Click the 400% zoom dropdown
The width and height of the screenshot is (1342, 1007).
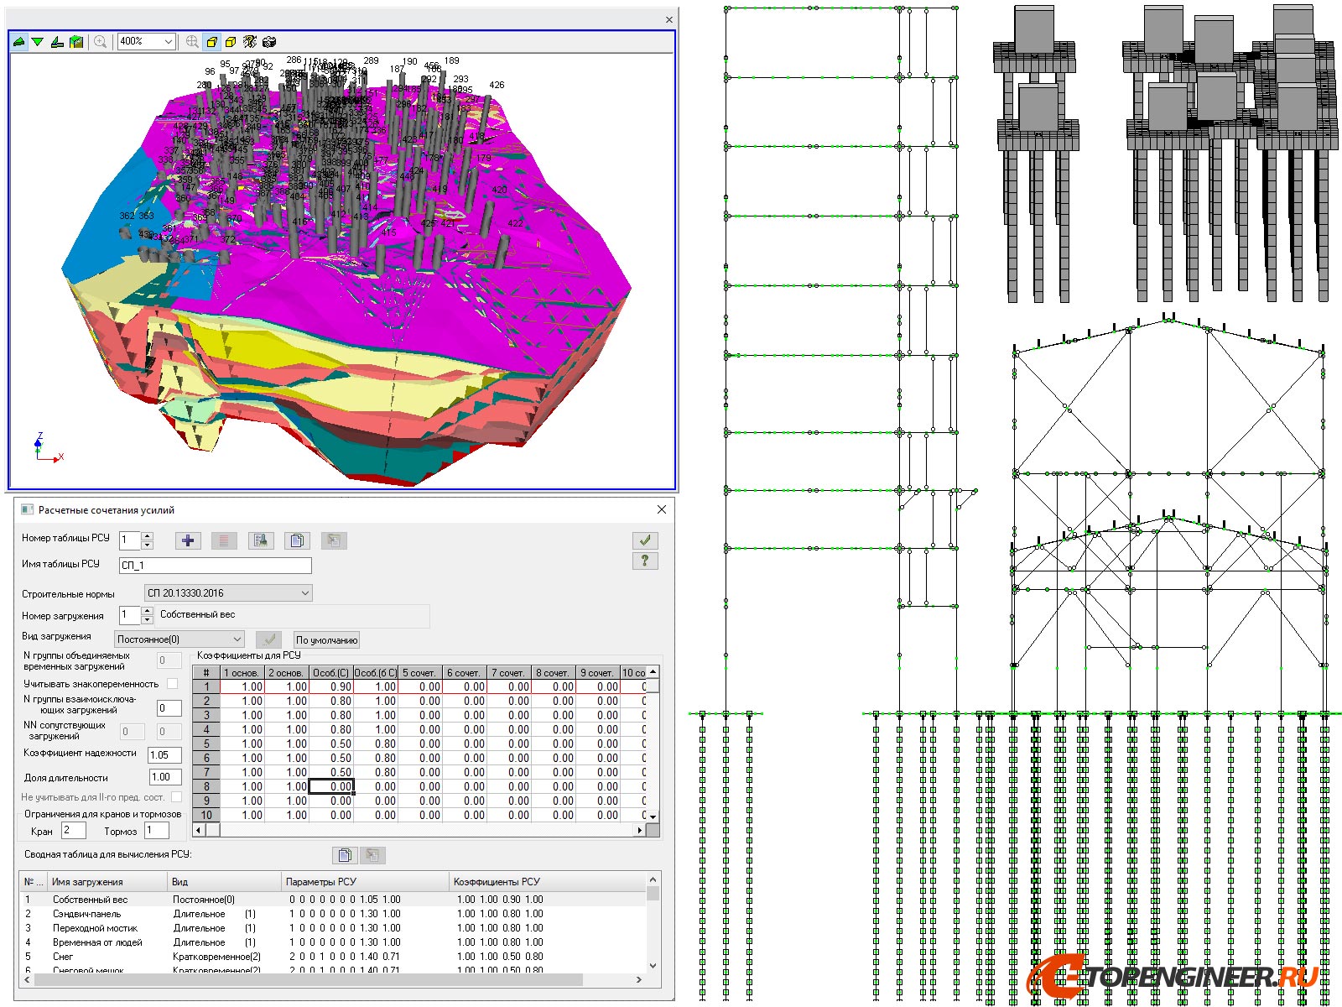click(x=146, y=41)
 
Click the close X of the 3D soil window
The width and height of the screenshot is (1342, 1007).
click(x=668, y=19)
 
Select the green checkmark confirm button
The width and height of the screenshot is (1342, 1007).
click(x=644, y=540)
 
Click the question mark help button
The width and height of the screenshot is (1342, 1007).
click(x=644, y=561)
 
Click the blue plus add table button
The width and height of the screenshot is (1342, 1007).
click(x=188, y=540)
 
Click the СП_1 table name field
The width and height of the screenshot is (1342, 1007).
click(x=215, y=566)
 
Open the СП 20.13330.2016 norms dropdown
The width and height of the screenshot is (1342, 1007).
click(x=228, y=593)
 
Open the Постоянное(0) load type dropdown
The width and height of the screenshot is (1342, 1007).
click(x=179, y=639)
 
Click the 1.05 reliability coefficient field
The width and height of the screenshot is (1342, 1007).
click(x=164, y=755)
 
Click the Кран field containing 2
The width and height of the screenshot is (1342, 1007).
click(x=73, y=831)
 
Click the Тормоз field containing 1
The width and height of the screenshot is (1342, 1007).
click(x=157, y=831)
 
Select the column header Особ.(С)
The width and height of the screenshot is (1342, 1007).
click(x=330, y=673)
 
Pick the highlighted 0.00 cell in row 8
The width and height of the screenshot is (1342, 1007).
click(x=331, y=787)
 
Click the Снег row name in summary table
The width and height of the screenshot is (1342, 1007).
click(x=63, y=957)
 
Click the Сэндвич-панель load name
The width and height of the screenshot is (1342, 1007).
click(x=86, y=914)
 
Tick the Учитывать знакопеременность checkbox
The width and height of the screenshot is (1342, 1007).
click(x=173, y=684)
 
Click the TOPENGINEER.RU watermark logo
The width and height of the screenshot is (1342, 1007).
click(x=1174, y=977)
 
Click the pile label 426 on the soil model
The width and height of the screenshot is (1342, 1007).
click(x=497, y=85)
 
